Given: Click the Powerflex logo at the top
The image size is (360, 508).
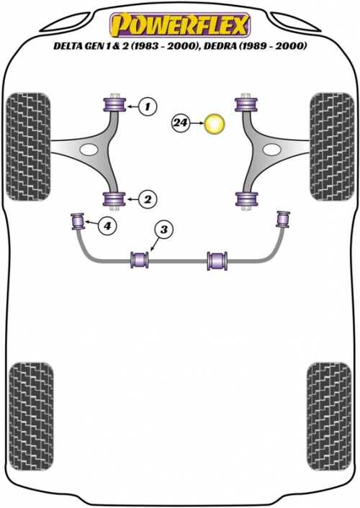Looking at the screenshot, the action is (180, 25).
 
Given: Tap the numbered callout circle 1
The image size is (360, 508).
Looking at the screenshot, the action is (148, 106).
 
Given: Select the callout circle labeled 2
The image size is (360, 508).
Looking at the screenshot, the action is (148, 199).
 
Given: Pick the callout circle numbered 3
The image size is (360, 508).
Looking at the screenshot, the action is (164, 230).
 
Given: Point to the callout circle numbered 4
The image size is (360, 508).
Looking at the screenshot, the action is (107, 224).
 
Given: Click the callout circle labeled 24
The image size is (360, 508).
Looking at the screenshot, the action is (181, 123).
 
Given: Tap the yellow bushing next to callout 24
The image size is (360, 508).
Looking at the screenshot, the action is (214, 124).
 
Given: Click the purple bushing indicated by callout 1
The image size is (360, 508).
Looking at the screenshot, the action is (114, 104).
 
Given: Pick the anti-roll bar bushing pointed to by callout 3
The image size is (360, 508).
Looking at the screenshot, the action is (140, 259).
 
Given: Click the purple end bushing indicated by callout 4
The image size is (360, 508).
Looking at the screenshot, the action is (78, 221).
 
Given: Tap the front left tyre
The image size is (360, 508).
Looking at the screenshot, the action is (29, 147).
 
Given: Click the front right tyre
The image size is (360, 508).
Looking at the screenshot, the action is (331, 147).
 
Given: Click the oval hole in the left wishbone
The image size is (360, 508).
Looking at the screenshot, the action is (89, 150).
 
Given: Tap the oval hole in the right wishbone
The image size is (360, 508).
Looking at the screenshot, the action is (271, 150).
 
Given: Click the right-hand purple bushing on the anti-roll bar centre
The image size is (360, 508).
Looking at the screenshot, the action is (217, 260).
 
